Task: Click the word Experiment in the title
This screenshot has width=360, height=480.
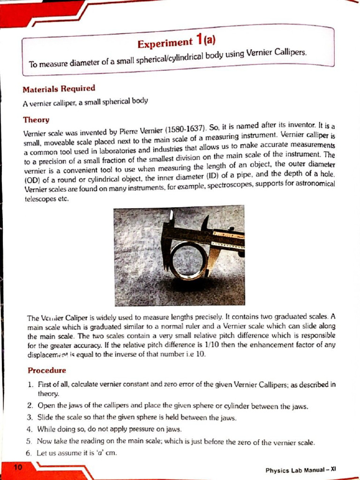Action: [x=164, y=43]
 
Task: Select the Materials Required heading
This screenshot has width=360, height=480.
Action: [x=59, y=89]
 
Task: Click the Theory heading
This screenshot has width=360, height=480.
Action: [x=36, y=120]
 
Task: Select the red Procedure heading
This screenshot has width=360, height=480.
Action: [x=47, y=370]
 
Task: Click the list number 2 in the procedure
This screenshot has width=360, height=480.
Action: [x=30, y=405]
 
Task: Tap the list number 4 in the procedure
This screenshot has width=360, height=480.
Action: [x=30, y=429]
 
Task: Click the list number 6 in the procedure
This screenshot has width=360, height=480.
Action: [x=30, y=453]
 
